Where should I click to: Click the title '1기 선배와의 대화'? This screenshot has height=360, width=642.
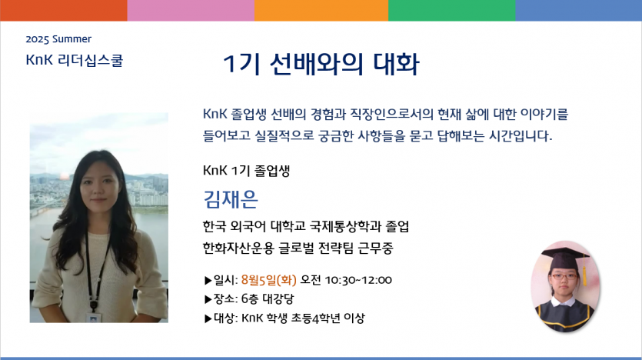(321, 65)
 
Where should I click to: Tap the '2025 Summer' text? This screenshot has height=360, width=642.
(58, 39)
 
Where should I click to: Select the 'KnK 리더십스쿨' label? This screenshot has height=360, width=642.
(74, 60)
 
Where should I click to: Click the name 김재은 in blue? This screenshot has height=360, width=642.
(231, 199)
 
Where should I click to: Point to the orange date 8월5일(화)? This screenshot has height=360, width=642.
(268, 280)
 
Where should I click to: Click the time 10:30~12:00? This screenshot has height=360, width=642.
(358, 280)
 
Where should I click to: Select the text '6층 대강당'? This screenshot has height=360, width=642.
(268, 299)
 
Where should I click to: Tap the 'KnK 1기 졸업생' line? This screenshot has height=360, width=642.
(247, 170)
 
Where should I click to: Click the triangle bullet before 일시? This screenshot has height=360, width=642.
(208, 281)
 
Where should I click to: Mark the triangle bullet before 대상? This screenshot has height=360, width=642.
(208, 318)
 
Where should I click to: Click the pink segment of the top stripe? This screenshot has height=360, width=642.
(191, 10)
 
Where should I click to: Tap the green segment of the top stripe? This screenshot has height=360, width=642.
(451, 10)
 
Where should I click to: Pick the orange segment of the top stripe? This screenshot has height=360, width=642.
(321, 10)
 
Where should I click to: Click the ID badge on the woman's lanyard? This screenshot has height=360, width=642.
(94, 318)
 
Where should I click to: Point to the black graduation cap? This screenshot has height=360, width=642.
(565, 257)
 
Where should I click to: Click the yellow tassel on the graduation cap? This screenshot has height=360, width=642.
(584, 272)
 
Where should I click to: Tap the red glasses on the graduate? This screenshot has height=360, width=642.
(564, 276)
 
